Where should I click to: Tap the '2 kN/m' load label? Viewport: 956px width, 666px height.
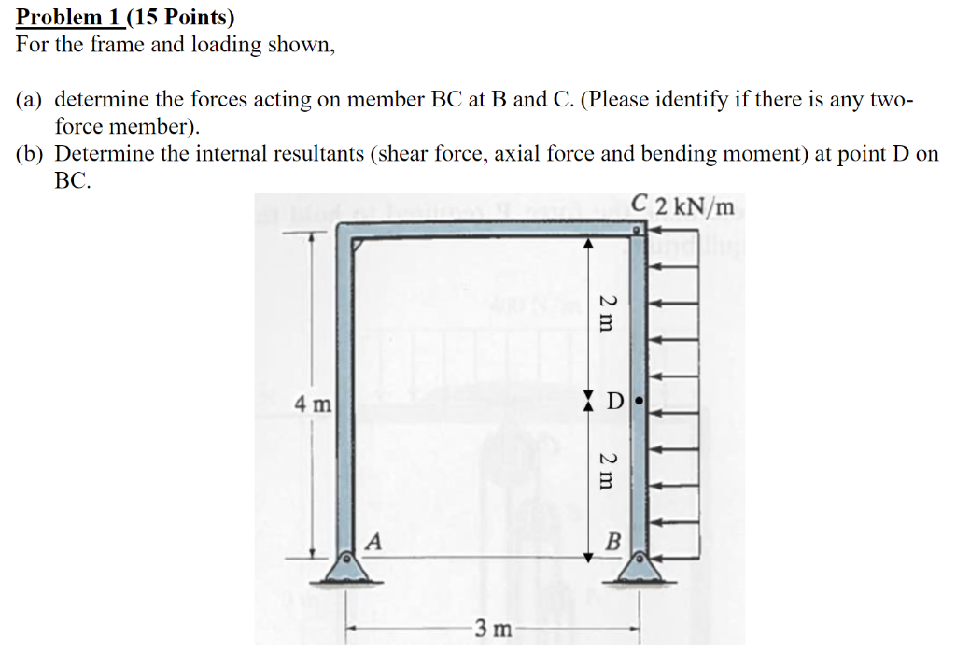pos(694,205)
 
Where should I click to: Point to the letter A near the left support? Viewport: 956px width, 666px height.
pos(373,540)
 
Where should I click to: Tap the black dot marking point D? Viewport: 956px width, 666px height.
pos(639,403)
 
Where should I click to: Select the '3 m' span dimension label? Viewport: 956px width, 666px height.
pos(492,629)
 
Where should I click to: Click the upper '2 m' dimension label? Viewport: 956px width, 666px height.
pos(607,313)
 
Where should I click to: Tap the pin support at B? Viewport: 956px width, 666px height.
pos(640,566)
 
